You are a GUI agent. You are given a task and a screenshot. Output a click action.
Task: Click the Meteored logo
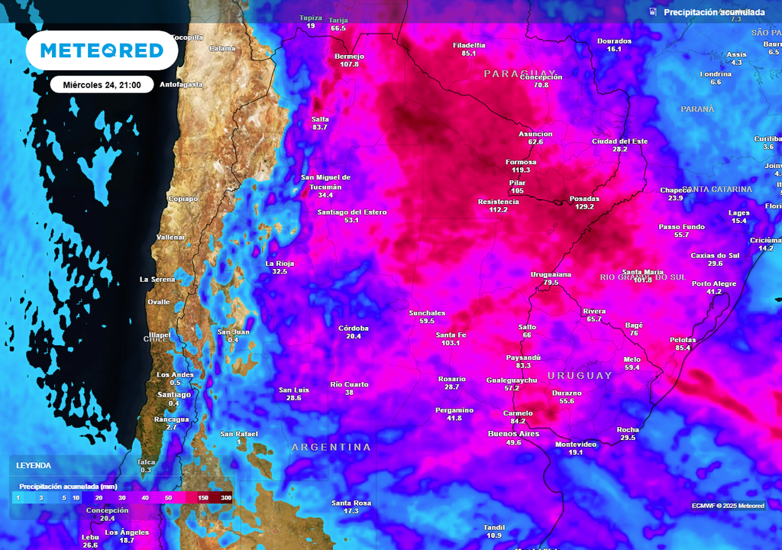(102, 50)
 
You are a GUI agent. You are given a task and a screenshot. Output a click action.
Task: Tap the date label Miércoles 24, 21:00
(102, 85)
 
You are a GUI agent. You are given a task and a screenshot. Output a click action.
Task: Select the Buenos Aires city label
(513, 434)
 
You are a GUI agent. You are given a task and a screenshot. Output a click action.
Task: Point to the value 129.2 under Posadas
(584, 206)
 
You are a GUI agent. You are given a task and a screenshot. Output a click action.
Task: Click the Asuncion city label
(535, 134)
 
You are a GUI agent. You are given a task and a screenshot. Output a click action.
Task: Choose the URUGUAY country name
(580, 375)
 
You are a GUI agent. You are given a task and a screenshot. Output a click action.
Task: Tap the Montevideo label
(575, 444)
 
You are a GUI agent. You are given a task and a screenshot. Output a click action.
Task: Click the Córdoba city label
(354, 328)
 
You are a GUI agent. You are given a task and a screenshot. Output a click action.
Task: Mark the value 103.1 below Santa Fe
(451, 343)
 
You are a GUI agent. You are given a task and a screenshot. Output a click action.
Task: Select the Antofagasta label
(182, 85)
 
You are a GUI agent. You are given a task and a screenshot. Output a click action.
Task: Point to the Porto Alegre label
(714, 283)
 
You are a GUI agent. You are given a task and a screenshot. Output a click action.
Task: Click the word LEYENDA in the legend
(34, 465)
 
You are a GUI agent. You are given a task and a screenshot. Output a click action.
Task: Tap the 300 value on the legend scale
(226, 497)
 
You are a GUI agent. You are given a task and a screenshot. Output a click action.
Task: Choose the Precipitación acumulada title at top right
(713, 12)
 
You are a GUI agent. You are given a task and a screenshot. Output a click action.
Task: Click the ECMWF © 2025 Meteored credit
(728, 506)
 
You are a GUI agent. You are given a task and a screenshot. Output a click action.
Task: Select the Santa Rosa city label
(351, 503)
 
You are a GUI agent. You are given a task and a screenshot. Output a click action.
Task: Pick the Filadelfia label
(469, 45)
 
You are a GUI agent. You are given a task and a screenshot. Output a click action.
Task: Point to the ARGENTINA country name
(331, 447)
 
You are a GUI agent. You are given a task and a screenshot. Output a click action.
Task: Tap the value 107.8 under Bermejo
(349, 64)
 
